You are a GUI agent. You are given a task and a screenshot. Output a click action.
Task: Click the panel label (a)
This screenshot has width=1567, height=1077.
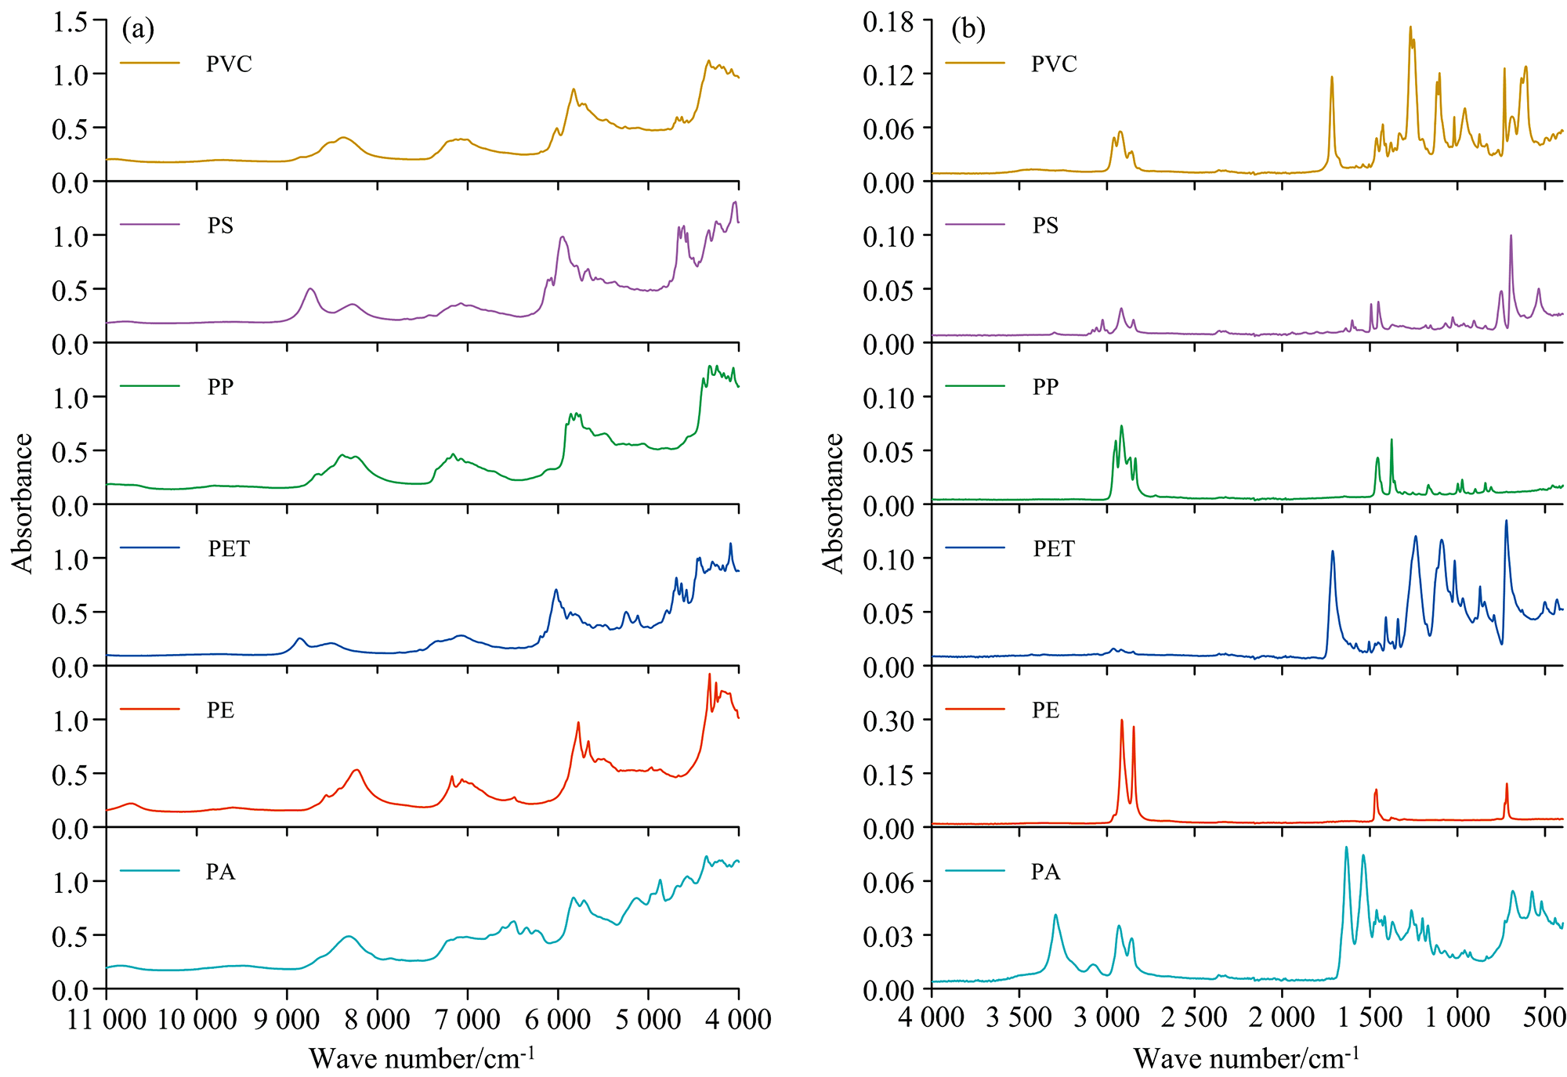coord(138,30)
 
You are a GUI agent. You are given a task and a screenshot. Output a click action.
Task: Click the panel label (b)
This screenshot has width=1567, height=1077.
coord(968,30)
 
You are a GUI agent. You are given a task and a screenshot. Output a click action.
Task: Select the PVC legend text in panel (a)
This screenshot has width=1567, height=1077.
coord(229,63)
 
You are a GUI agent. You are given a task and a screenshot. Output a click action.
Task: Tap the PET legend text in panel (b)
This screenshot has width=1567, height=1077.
coord(1054,548)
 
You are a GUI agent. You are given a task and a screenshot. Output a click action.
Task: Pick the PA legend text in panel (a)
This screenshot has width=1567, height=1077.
coord(220,872)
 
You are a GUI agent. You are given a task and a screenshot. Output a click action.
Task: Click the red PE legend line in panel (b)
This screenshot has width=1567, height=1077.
coord(975,710)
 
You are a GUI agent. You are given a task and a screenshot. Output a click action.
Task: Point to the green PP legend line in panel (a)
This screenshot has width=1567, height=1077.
coord(150,386)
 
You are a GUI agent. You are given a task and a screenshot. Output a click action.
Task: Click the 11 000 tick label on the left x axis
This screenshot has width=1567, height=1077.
coord(107,1019)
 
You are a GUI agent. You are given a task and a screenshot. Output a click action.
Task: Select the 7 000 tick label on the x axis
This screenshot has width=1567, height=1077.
coord(468,1019)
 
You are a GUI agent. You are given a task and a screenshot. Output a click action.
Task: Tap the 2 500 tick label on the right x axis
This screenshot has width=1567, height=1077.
coord(1195,1017)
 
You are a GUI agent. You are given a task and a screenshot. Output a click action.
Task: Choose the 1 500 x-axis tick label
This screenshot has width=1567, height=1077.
coord(1370,1017)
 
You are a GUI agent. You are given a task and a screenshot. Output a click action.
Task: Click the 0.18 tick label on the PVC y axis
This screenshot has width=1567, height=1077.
coord(888,22)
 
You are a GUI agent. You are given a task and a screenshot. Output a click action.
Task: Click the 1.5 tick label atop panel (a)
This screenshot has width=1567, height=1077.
coord(70,22)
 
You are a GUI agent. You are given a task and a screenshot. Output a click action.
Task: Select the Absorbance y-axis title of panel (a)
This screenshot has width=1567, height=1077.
coord(23,503)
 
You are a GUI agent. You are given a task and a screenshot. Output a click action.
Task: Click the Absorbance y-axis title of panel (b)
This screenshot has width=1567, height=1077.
coord(833,503)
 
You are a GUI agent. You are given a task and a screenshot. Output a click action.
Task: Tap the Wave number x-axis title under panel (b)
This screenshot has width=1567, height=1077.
coord(1246,1058)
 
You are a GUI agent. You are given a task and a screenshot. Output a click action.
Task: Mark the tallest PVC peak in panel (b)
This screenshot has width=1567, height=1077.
coord(1410,27)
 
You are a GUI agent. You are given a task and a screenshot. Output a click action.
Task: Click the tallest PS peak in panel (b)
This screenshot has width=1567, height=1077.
coord(1511,236)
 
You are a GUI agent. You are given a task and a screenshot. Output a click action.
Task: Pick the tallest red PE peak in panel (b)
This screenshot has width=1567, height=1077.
coord(1121,720)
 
